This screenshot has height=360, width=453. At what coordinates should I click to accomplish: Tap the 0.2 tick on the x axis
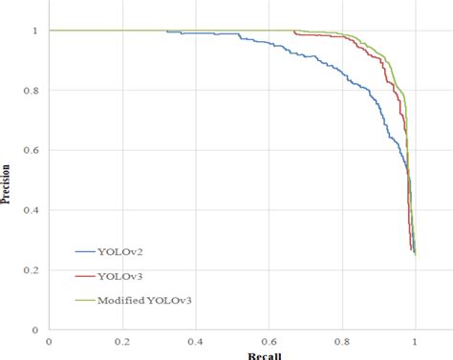tap(121, 340)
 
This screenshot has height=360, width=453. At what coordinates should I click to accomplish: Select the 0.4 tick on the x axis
tap(195, 340)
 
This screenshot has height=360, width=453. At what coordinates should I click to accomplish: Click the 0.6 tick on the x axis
tap(268, 340)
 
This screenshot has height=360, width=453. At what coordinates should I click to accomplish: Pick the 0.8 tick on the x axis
tap(341, 340)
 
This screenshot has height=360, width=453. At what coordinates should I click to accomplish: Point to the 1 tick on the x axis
tap(415, 340)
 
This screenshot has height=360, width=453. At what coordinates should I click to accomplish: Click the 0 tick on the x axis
tap(48, 340)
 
